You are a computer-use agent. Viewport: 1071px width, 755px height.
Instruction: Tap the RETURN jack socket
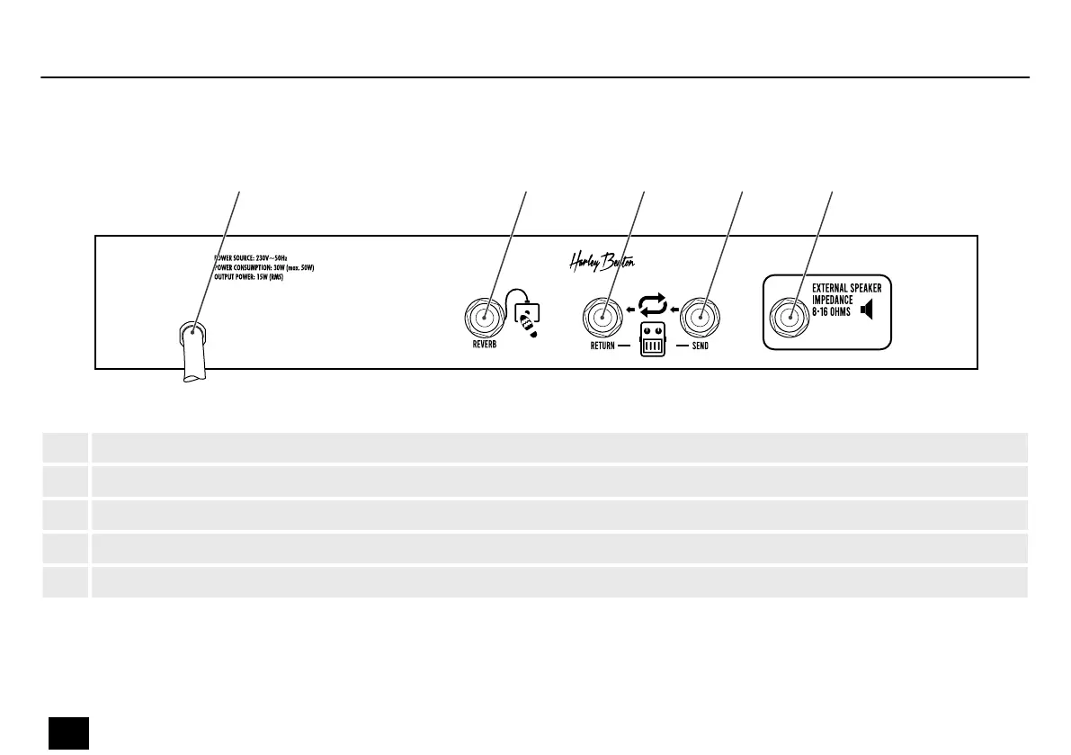coord(602,317)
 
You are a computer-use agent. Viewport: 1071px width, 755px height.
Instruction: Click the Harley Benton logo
coord(602,262)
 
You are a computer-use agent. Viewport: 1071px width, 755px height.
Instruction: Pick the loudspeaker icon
coord(867,310)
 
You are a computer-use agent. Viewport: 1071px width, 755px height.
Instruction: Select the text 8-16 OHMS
coord(825,311)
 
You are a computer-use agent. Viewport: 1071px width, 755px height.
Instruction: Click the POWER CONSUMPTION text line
coord(263,267)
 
